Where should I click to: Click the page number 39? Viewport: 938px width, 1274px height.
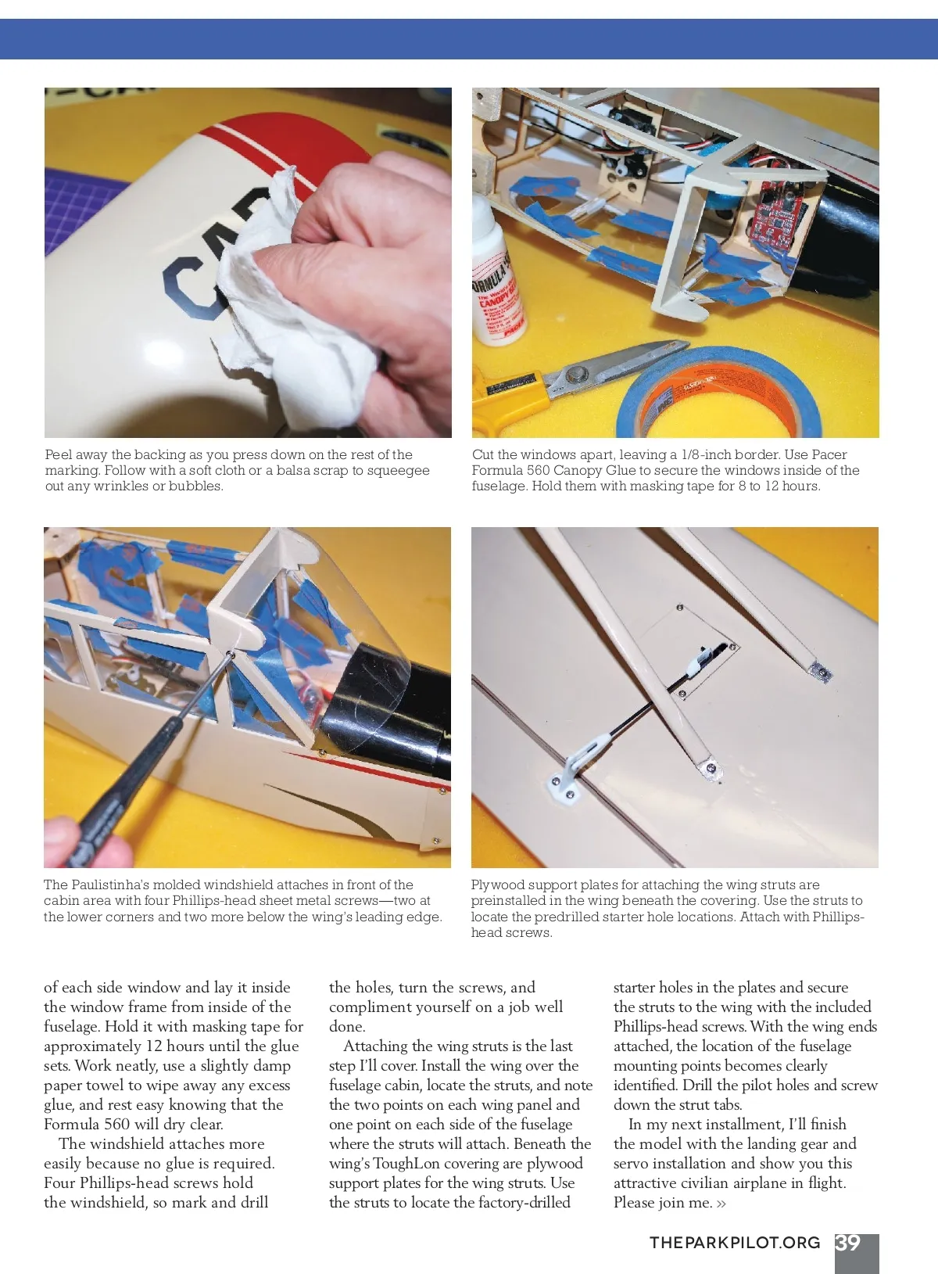click(848, 1243)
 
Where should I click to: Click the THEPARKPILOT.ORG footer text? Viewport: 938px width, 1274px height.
click(735, 1243)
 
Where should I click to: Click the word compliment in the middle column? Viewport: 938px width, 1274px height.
click(371, 1007)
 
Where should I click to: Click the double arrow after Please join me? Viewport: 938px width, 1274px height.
click(721, 1203)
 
